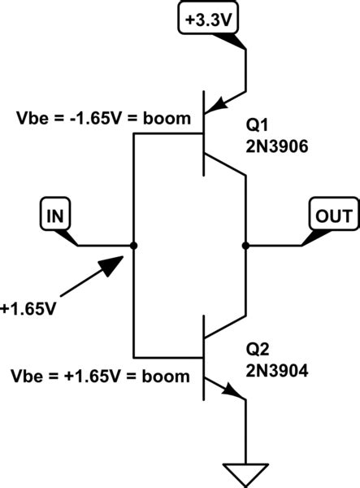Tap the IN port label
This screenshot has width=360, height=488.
[x=55, y=216]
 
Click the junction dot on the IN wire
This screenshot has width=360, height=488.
[x=132, y=245]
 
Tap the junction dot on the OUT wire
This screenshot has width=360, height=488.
[x=244, y=245]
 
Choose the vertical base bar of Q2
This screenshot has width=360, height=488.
[x=203, y=355]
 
